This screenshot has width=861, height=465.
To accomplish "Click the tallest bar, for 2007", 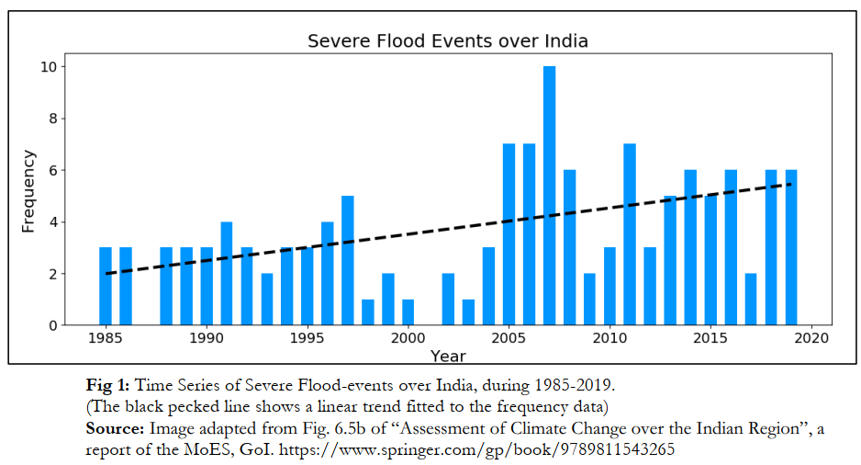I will click(x=549, y=196).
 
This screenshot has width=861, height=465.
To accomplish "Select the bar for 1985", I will click(x=106, y=287).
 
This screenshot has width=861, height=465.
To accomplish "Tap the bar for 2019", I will click(x=791, y=248).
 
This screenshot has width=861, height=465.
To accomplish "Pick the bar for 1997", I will click(x=347, y=261).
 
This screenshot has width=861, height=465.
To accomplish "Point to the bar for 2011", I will click(x=630, y=234).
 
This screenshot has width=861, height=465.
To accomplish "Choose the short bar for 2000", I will click(x=408, y=312).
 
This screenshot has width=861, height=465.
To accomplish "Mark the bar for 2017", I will click(x=751, y=300).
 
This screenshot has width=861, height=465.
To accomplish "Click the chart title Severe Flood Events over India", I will click(x=447, y=41).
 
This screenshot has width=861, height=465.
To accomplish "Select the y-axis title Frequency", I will click(x=28, y=191).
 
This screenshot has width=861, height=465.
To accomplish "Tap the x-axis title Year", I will click(x=448, y=356).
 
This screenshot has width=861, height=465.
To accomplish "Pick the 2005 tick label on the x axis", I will click(x=509, y=339).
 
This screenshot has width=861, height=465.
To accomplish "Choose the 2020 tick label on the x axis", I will click(x=811, y=339).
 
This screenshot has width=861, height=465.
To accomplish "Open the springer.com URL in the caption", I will click(x=481, y=450).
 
